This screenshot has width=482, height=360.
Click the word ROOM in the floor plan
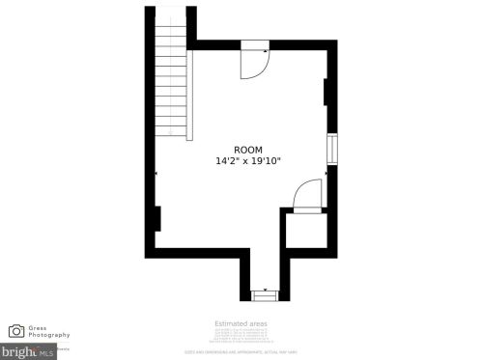point(248,150)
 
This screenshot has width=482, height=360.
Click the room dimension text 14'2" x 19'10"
point(248,161)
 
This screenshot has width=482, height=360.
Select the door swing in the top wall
point(253,64)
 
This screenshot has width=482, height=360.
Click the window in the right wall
point(331,150)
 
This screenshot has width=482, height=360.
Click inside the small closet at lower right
point(306,232)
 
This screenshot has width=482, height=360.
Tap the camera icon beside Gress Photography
point(16,331)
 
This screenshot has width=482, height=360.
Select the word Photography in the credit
point(49,335)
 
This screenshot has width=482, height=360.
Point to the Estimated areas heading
point(241,323)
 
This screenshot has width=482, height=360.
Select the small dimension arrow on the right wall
point(326,173)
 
